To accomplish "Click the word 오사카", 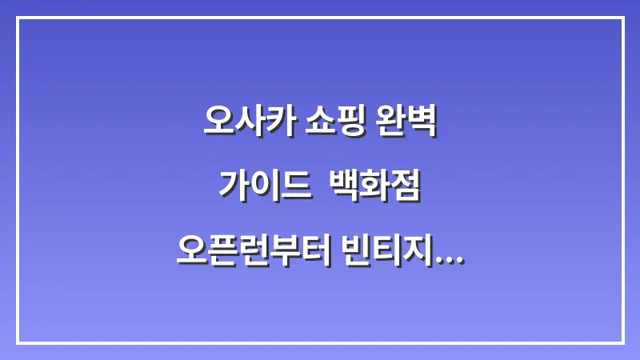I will pyautogui.click(x=250, y=123).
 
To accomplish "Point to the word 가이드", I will pyautogui.click(x=264, y=187).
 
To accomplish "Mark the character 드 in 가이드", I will pyautogui.click(x=294, y=187).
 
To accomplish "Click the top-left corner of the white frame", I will pyautogui.click(x=18, y=18).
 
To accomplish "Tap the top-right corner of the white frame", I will pyautogui.click(x=622, y=18).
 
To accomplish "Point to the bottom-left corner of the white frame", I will pyautogui.click(x=18, y=342).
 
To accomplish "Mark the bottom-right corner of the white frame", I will pyautogui.click(x=622, y=342).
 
